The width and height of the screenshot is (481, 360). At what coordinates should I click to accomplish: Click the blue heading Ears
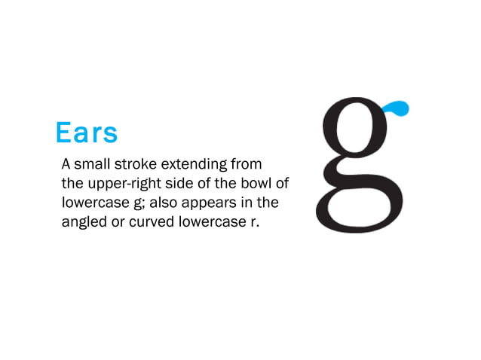[87, 133]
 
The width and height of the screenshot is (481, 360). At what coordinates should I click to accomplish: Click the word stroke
[135, 163]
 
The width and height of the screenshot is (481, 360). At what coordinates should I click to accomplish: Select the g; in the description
[136, 204]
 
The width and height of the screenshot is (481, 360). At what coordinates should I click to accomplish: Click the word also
[163, 203]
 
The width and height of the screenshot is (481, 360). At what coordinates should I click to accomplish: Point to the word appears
[211, 204]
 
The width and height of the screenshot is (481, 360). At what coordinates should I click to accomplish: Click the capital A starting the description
[66, 163]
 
